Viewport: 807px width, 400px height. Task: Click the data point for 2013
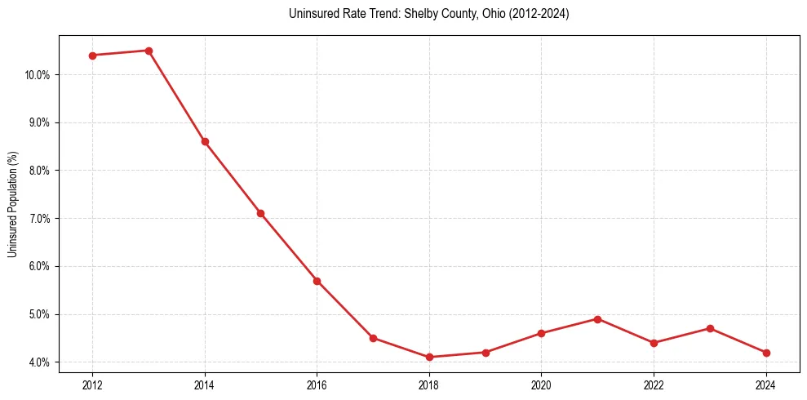[149, 51]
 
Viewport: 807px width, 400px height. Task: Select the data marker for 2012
[92, 56]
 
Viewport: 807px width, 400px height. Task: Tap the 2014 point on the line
[205, 141]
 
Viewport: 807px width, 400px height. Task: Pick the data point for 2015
[261, 213]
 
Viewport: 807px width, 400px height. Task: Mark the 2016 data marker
[317, 281]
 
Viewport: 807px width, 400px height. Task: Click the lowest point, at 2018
[429, 357]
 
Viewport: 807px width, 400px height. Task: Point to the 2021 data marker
[597, 319]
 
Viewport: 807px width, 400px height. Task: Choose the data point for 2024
[765, 353]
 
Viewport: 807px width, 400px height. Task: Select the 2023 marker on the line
[710, 328]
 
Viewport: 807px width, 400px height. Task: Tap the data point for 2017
[373, 338]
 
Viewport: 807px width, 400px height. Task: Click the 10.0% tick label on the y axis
[38, 75]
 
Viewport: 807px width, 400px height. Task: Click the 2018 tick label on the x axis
[429, 384]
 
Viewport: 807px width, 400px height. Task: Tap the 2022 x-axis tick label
[654, 384]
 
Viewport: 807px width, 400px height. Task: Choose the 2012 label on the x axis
[92, 384]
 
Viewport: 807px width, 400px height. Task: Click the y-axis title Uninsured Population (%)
[12, 204]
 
